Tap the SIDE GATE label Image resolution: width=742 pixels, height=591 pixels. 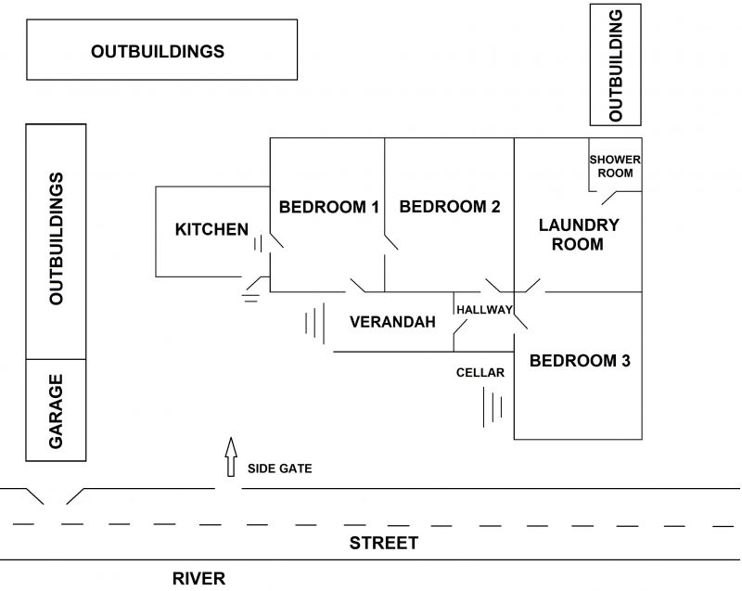tap(279, 469)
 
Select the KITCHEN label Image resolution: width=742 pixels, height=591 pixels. tap(211, 229)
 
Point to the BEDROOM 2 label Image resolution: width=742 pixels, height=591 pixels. tap(450, 207)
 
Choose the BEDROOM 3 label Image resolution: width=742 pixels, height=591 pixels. tap(580, 360)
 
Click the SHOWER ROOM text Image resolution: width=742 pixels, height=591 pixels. tap(615, 165)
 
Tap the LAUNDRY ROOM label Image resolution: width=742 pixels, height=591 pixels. tap(578, 235)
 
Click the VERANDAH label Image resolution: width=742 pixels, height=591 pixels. tap(392, 323)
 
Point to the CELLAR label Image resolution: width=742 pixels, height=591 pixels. tap(480, 373)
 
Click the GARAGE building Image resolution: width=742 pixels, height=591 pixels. tap(56, 410)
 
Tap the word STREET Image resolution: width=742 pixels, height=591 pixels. tap(383, 543)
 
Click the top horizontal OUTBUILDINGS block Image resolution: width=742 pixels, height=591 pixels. tap(157, 52)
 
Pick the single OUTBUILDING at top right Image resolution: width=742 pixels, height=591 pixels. tap(616, 64)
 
